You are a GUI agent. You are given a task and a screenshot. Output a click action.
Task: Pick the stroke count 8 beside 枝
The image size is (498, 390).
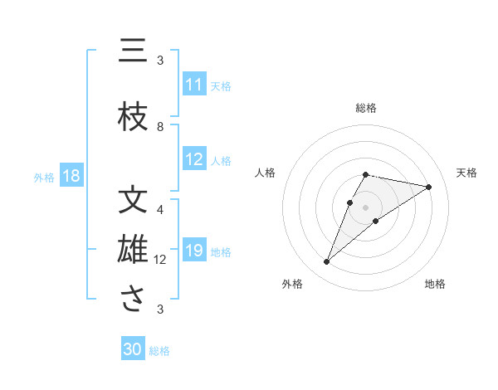pos(160,127)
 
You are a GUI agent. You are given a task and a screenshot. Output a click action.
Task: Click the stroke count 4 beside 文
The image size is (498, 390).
pos(160,209)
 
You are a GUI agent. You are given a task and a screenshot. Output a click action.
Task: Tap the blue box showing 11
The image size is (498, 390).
pos(194,85)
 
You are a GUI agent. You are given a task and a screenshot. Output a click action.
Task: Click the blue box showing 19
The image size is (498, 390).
pos(194,251)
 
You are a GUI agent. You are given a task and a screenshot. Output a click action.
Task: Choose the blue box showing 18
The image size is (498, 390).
pos(71,176)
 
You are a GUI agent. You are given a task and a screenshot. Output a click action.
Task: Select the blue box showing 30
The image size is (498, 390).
pos(133,349)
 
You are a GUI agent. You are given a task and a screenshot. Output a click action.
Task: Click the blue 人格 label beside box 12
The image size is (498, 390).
pos(221,161)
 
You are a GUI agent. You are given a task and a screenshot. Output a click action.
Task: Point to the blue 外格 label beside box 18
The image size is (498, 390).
pos(44,177)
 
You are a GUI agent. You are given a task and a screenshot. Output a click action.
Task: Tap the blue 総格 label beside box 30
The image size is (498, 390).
pos(159,351)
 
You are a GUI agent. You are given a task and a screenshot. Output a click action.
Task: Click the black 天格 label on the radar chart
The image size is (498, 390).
pos(466,173)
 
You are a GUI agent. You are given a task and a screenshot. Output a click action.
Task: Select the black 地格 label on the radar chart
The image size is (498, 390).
pos(435,284)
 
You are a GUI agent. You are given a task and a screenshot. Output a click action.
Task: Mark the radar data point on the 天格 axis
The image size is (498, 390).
pos(428,188)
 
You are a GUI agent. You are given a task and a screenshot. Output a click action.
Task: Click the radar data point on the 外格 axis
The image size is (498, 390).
pos(327,262)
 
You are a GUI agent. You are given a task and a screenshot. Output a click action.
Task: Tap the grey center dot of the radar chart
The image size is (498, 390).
pos(366,207)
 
